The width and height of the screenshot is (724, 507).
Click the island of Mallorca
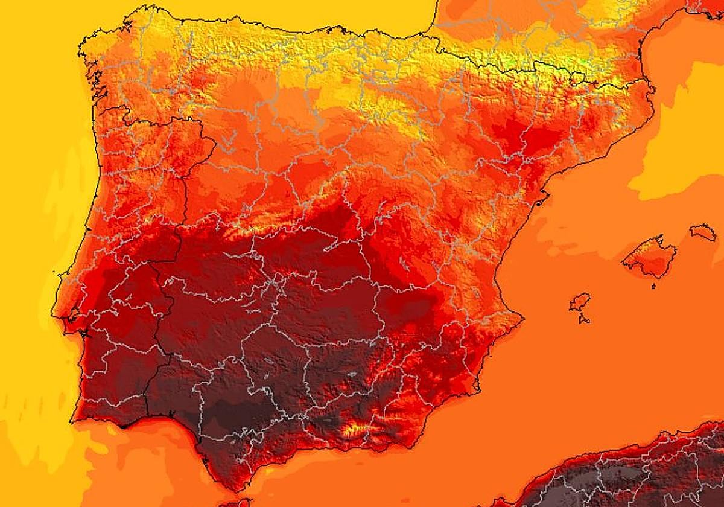[x=649, y=257]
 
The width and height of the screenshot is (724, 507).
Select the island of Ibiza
[x=580, y=303]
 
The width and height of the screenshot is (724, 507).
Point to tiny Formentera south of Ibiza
[x=583, y=319]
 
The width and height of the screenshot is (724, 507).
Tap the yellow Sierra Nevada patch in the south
[x=353, y=430]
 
